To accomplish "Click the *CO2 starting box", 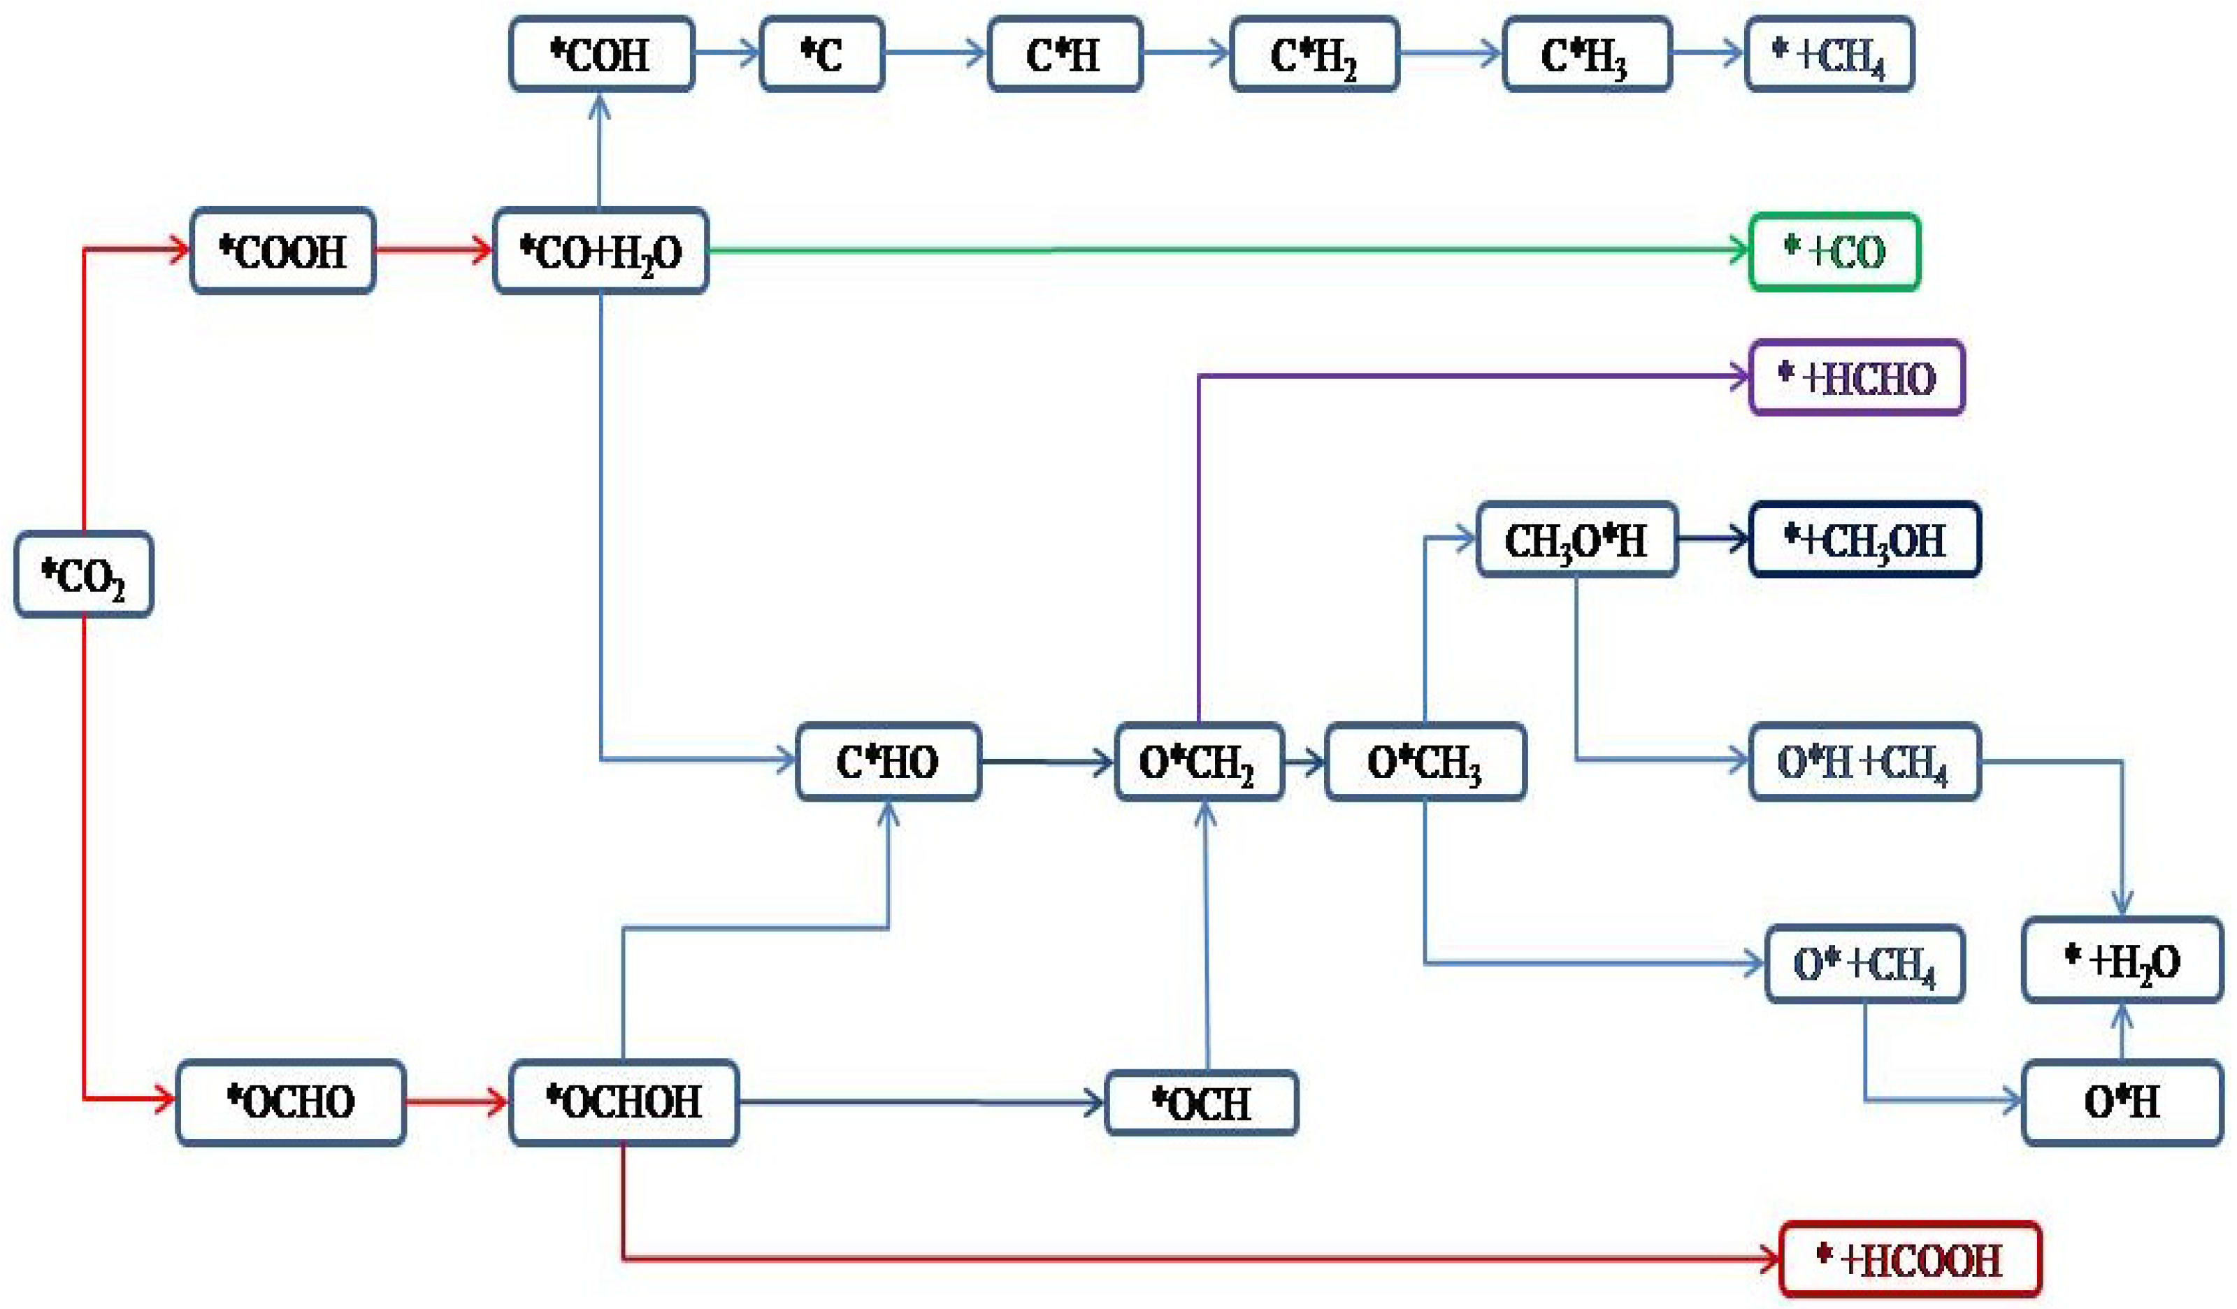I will click(83, 574).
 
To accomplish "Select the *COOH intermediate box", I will click(282, 251).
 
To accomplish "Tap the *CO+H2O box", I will click(601, 251).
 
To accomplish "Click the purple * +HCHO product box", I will click(1856, 378).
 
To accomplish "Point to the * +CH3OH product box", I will click(1864, 540).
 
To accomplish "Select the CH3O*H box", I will click(1576, 540).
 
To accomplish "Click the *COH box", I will click(601, 54).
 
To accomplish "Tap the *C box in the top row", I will click(821, 54).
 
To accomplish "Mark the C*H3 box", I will click(1586, 54).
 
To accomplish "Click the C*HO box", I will click(888, 762).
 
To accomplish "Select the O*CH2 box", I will click(1198, 762).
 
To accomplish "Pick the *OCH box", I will click(1201, 1103).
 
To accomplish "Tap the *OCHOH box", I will click(623, 1102).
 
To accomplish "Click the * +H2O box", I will click(2122, 961).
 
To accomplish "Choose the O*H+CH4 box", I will click(1864, 762).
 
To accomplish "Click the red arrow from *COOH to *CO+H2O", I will click(433, 251).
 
